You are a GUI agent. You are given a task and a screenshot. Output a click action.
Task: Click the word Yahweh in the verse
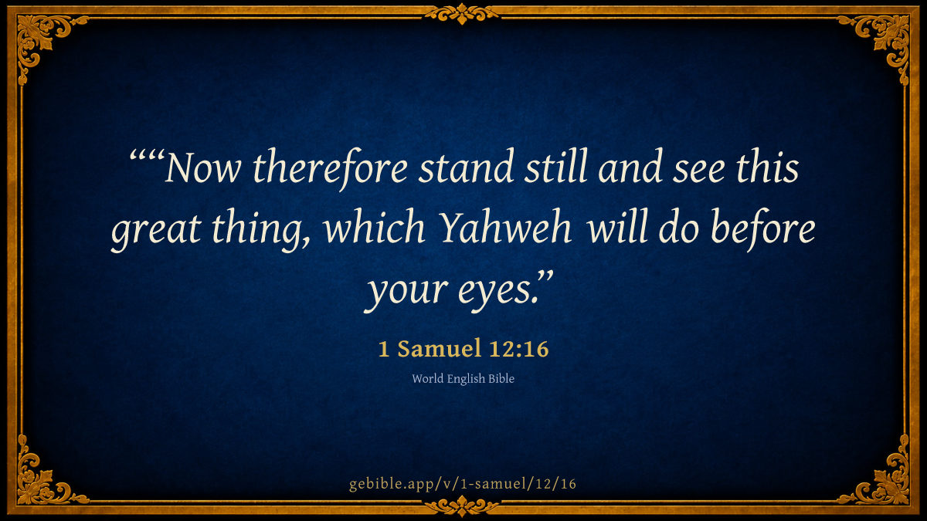pos(505,228)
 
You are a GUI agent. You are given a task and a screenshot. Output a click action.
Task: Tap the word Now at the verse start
pos(202,168)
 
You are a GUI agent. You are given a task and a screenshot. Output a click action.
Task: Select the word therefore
pos(330,169)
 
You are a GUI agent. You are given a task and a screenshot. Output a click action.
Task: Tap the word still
pos(555,166)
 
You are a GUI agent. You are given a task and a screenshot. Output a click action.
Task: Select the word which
pos(375,227)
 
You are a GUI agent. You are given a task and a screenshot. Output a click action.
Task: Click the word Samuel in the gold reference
pos(440,349)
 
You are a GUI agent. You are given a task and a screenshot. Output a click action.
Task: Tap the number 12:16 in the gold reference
pos(519,349)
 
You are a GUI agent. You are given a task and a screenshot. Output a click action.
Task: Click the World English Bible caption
pos(463,379)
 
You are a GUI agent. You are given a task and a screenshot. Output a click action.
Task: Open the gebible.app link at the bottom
pos(463,483)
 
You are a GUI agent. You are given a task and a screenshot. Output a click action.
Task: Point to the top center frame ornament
pos(462,13)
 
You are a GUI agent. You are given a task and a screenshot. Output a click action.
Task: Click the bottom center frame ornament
pos(462,506)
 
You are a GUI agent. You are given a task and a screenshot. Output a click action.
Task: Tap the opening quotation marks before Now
pos(148,157)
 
